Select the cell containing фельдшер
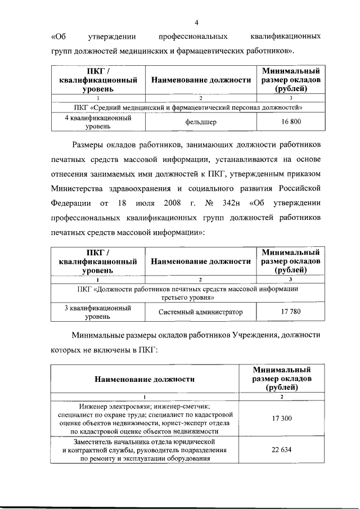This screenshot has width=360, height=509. [200, 121]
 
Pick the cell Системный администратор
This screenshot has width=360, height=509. [200, 312]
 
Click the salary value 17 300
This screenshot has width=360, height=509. [282, 418]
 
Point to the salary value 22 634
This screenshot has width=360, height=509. [282, 450]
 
